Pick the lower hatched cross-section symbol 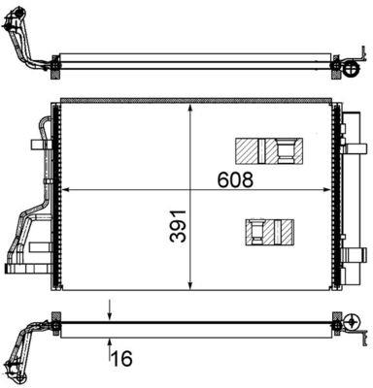[270, 231]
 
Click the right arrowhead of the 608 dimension [329, 187]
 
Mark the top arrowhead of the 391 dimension [191, 104]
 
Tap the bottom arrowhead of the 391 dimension [191, 286]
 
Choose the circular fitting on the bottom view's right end [344, 325]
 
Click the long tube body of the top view [194, 61]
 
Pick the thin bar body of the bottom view [194, 326]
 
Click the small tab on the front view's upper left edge [39, 145]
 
